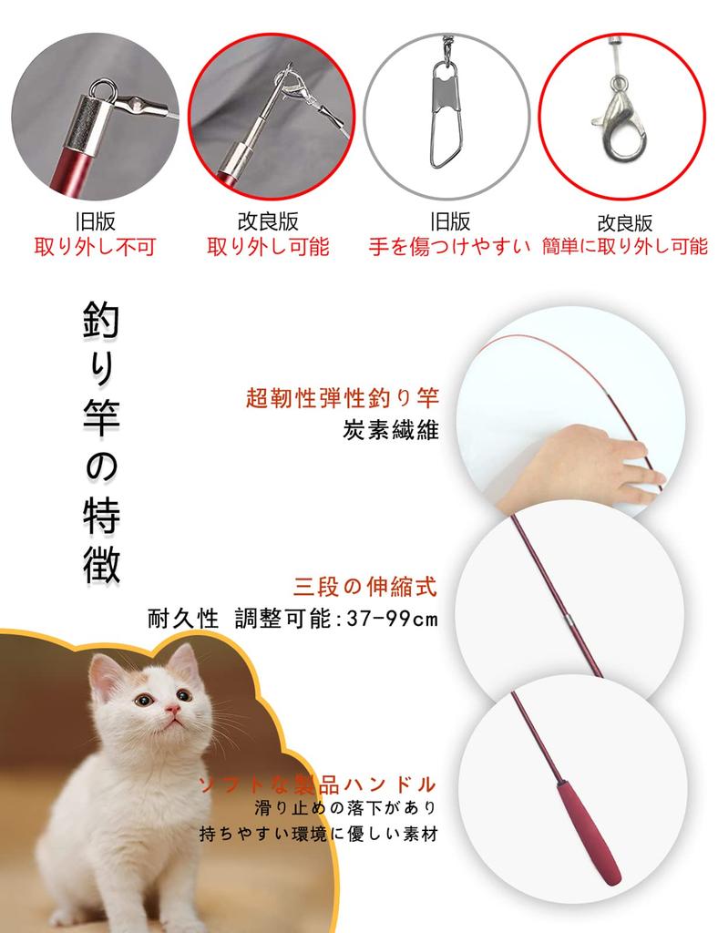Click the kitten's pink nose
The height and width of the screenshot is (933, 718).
pos(169,708)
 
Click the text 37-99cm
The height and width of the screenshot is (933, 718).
pos(391,620)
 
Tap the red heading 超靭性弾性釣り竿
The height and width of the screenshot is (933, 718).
pos(343,398)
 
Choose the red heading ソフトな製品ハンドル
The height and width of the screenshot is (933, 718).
pos(318,784)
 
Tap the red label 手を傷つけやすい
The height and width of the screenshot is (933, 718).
pos(450,247)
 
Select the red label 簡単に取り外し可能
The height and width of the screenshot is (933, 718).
pos(624,246)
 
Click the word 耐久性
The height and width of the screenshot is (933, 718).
pos(182,620)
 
